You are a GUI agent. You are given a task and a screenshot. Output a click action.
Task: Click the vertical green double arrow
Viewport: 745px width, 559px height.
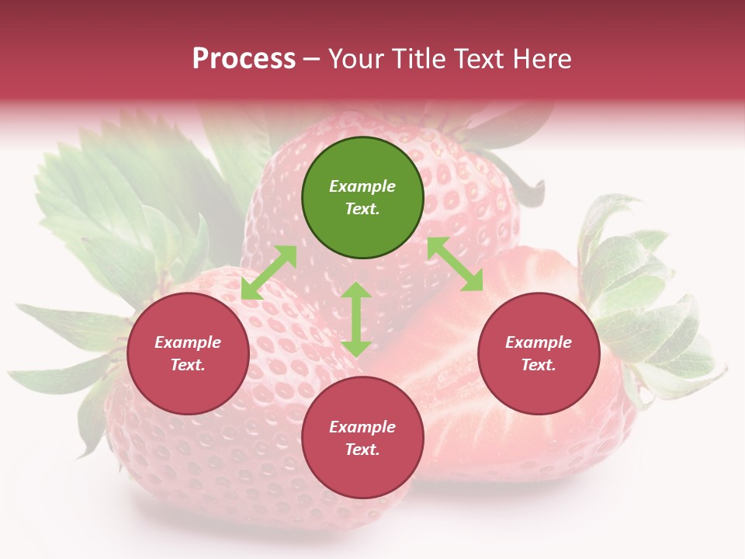click(356, 319)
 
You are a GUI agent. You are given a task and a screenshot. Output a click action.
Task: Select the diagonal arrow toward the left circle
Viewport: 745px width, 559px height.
click(269, 273)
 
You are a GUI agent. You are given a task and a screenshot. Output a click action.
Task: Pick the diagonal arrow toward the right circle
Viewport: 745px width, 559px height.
click(455, 264)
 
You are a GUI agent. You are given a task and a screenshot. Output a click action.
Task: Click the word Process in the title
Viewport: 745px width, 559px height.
click(244, 59)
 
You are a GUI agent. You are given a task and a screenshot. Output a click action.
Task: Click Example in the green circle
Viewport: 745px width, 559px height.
click(362, 186)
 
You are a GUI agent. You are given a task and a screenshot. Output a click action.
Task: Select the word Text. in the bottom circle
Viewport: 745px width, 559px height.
click(362, 450)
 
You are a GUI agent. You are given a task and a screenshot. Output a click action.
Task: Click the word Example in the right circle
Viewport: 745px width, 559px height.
click(539, 342)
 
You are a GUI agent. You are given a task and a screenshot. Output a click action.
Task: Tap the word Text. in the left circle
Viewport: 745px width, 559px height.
click(188, 365)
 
